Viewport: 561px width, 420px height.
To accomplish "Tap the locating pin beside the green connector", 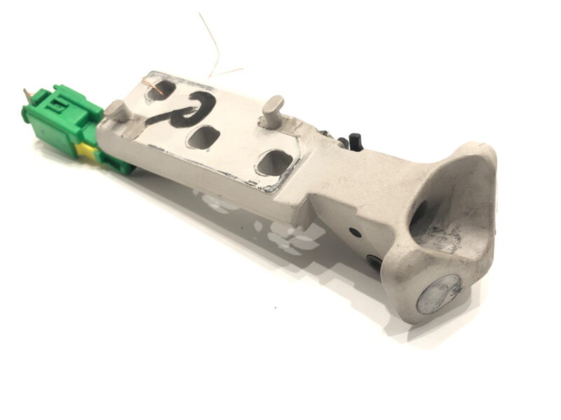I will [x=116, y=111].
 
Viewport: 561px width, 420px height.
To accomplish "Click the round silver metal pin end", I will [x=438, y=293].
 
